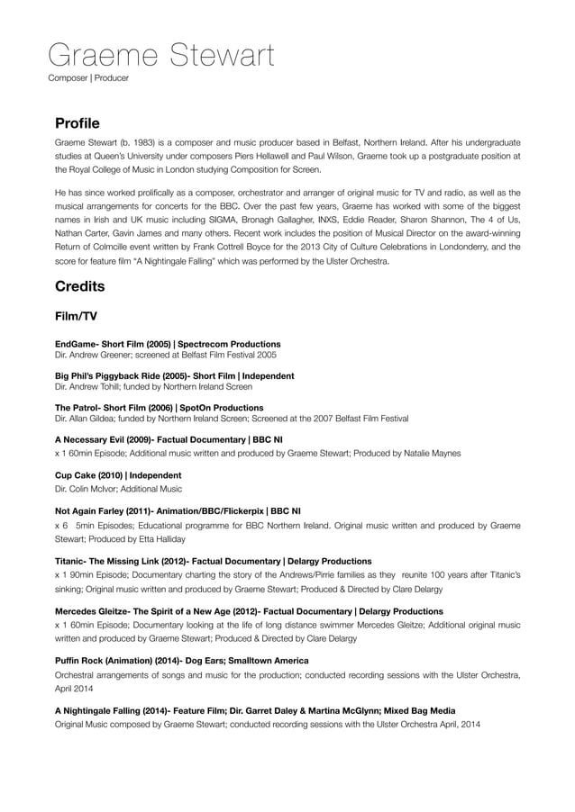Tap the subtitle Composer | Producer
88,78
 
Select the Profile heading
78,122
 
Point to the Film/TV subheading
76,317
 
